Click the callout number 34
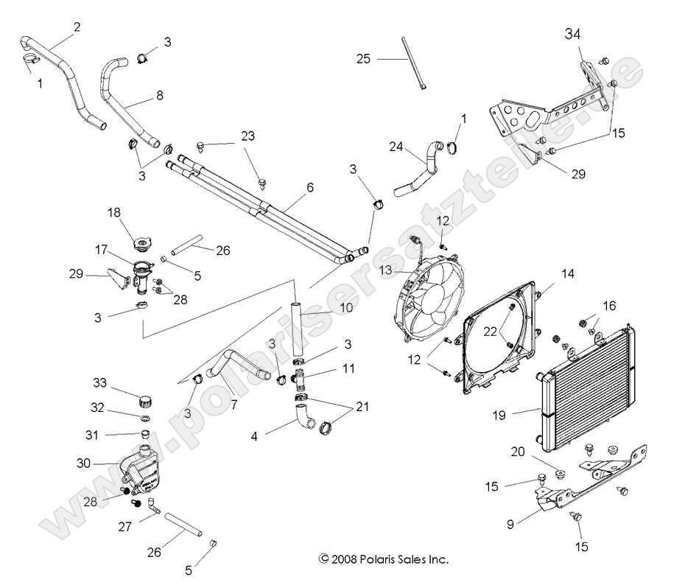coord(573,34)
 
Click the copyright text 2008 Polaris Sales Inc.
coord(383,559)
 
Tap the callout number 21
coord(363,407)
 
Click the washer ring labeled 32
coord(144,419)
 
